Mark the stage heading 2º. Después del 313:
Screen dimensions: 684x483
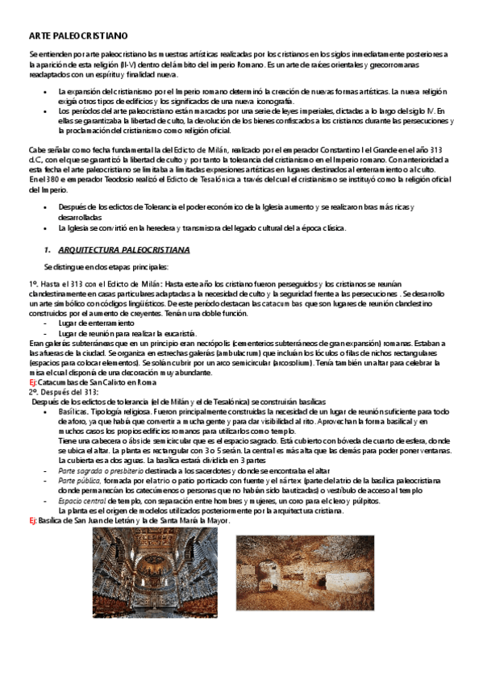[64, 392]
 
